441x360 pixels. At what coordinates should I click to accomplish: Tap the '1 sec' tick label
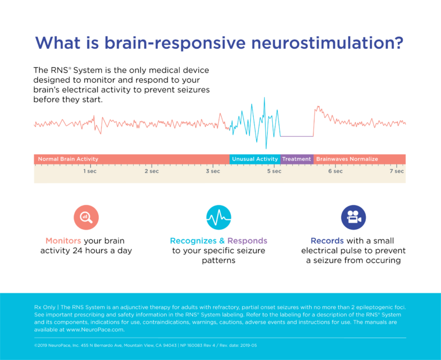click(x=89, y=171)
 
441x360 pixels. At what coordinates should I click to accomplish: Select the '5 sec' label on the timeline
click(x=274, y=171)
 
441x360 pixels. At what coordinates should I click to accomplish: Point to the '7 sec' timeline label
click(x=397, y=171)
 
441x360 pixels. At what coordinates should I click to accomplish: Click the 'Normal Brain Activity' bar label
click(x=68, y=159)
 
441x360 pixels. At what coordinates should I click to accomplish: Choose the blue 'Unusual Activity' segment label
click(x=255, y=159)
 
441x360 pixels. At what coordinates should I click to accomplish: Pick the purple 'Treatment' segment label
click(x=297, y=159)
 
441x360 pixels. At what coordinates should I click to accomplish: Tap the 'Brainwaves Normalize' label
click(x=347, y=159)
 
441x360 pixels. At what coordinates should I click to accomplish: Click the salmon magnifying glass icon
click(x=86, y=217)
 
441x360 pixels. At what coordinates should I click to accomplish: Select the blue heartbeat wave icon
click(x=218, y=217)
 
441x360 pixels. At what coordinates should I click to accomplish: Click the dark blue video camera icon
click(x=353, y=217)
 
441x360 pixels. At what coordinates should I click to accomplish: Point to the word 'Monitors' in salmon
click(x=63, y=241)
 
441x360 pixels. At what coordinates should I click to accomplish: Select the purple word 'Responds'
click(x=247, y=241)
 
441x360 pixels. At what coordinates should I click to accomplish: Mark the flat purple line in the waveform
click(x=297, y=136)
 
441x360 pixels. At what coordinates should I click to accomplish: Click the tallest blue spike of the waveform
click(x=265, y=101)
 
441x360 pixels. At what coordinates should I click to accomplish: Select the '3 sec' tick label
click(x=212, y=171)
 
